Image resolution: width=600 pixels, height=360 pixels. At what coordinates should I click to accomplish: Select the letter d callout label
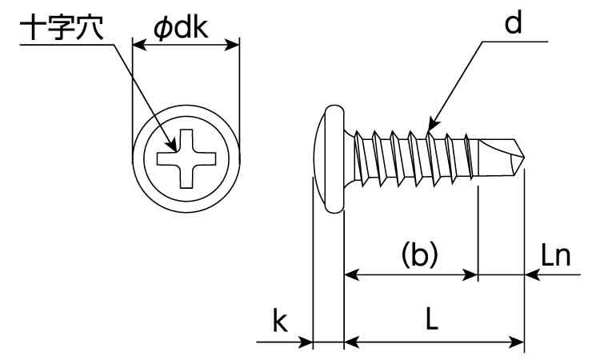point(513,24)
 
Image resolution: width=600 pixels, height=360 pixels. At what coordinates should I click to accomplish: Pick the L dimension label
point(431,320)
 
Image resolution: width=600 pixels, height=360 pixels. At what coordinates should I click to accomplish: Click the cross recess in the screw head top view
point(186,158)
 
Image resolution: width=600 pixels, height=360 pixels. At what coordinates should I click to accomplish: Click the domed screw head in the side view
point(326,156)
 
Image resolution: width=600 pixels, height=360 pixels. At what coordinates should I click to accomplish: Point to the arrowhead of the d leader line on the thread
point(430,127)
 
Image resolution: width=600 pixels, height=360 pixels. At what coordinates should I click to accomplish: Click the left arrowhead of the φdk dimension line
point(138,46)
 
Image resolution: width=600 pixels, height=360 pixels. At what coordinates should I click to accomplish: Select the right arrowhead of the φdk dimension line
point(234,46)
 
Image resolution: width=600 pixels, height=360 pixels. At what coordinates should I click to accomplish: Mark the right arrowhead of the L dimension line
point(518,342)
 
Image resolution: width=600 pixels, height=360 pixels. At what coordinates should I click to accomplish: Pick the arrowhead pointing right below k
point(306,342)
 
